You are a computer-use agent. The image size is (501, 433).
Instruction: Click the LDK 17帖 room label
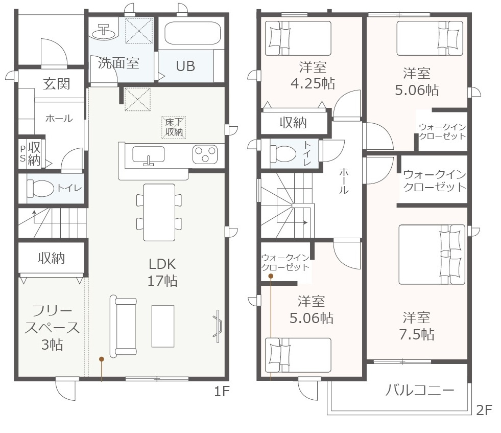162,272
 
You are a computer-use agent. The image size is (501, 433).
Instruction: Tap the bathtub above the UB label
193,33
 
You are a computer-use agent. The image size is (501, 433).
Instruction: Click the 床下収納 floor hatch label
174,127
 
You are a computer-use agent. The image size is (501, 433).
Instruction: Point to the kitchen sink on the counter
148,155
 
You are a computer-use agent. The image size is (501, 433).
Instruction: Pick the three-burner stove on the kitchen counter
205,154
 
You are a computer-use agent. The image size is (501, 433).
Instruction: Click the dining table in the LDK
159,212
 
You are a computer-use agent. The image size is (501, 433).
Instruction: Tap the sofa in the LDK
123,326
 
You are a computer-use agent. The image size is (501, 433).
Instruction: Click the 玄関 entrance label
56,84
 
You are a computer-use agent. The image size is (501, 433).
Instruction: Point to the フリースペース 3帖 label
52,328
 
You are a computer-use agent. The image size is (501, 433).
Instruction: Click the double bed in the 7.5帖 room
432,255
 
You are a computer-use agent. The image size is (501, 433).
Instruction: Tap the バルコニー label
420,390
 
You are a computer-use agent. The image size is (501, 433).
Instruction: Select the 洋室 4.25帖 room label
313,76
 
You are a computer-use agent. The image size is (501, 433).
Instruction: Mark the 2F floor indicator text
484,410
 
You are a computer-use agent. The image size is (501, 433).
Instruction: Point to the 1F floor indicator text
222,391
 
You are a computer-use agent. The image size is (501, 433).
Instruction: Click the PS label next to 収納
22,153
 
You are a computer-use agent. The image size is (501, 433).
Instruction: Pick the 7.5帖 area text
417,334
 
